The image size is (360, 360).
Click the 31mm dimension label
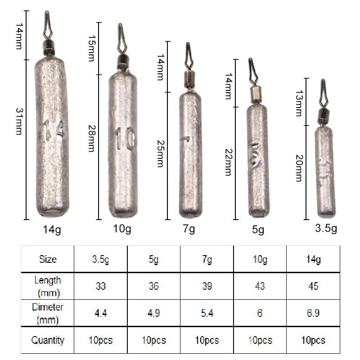click(19, 121)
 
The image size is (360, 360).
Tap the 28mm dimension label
click(92, 139)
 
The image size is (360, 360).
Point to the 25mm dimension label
click(161, 153)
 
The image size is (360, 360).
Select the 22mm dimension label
click(229, 162)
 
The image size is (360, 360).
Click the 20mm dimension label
click(299, 168)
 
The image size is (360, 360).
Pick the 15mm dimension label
click(92, 48)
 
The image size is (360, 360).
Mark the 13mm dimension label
click(299, 103)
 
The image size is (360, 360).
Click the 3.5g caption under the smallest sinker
click(326, 229)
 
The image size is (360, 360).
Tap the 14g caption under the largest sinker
click(52, 229)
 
